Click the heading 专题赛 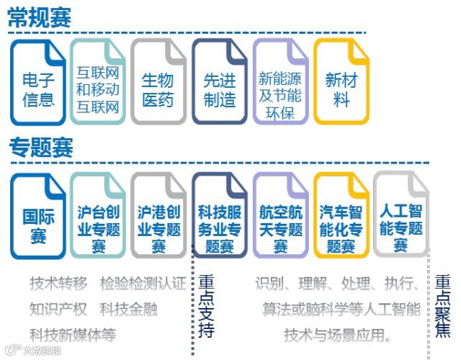[41, 148]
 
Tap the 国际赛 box [38, 216]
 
